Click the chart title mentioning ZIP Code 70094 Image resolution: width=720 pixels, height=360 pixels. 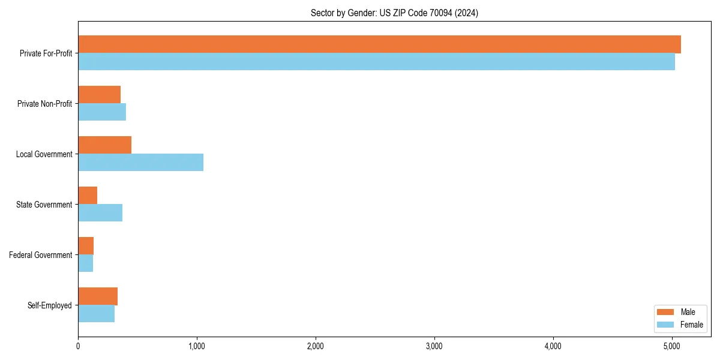[x=394, y=13]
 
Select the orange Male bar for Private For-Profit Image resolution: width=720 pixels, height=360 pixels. [x=379, y=44]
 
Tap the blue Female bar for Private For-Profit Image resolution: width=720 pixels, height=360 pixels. [x=376, y=62]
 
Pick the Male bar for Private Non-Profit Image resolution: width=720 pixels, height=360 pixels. [x=100, y=95]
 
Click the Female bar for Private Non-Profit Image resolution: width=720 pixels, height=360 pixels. [x=102, y=112]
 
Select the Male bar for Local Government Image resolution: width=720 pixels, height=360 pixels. [x=105, y=145]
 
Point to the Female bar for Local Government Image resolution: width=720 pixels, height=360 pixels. [x=141, y=163]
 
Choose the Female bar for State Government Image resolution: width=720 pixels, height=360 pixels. [x=100, y=213]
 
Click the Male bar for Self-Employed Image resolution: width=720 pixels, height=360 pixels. [x=98, y=296]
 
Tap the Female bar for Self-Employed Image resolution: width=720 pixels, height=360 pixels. [x=97, y=314]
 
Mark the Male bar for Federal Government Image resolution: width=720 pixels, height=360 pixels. [x=86, y=246]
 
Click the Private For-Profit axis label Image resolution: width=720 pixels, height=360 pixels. [x=46, y=53]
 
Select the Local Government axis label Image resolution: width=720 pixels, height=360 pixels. [x=44, y=154]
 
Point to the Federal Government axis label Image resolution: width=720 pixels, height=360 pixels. [x=41, y=255]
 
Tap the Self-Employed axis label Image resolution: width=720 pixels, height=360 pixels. [x=50, y=305]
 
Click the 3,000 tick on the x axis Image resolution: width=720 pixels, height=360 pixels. [x=434, y=346]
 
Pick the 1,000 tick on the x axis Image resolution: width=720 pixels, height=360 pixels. [x=196, y=346]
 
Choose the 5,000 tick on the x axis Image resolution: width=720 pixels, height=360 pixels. [x=671, y=346]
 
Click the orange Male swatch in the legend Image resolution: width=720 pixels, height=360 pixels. [x=666, y=312]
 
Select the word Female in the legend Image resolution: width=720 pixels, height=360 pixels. [x=692, y=325]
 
